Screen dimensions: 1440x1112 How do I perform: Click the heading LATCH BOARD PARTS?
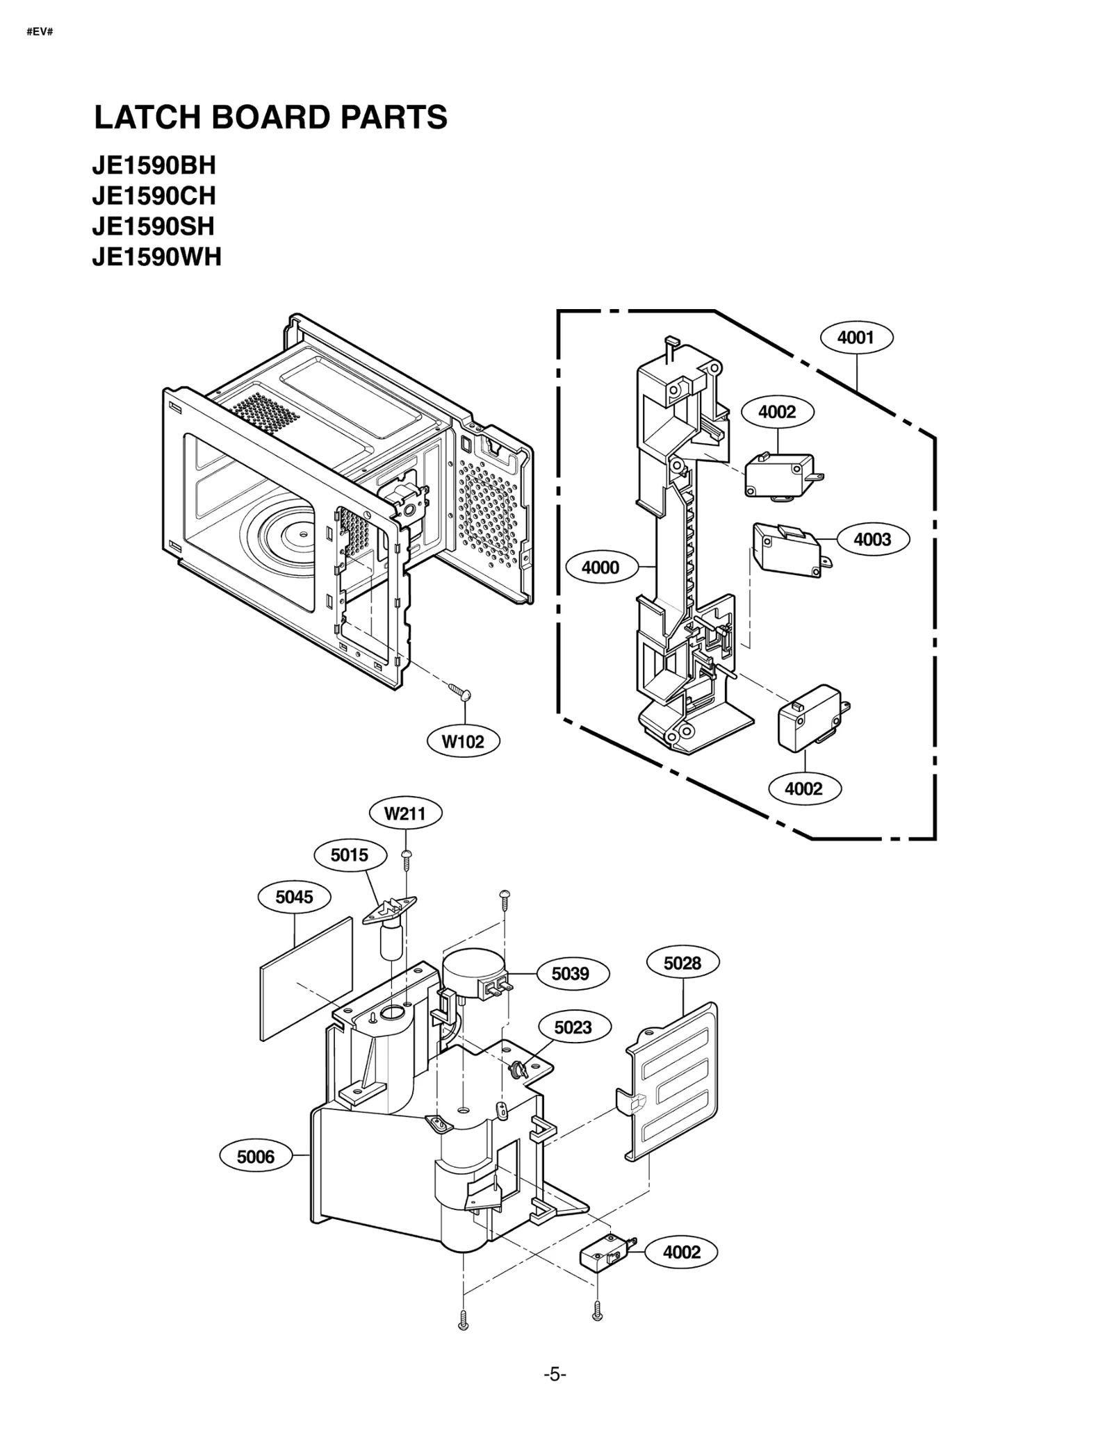point(270,117)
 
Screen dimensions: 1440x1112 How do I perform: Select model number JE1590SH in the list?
point(153,226)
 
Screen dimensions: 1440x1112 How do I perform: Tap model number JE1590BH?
point(154,165)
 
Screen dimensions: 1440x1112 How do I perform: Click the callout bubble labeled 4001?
point(856,338)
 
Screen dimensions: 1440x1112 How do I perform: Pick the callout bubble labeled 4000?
point(600,568)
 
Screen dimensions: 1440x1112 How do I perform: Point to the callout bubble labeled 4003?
point(872,539)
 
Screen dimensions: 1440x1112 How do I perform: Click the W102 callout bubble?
point(463,741)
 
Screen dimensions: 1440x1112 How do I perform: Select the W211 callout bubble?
point(404,813)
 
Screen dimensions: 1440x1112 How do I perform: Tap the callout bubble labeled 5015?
point(350,855)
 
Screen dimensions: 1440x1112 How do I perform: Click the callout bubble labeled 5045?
point(294,897)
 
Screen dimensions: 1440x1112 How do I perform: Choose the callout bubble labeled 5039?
point(571,974)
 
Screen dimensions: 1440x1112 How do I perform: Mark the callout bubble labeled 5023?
point(573,1027)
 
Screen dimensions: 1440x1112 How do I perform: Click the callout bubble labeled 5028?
point(682,963)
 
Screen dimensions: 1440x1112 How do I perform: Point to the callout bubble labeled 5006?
point(256,1157)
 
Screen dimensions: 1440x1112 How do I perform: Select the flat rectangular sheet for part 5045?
point(306,979)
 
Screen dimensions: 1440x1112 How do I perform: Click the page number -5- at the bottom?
point(555,1374)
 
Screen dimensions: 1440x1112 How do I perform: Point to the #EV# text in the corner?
point(40,32)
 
